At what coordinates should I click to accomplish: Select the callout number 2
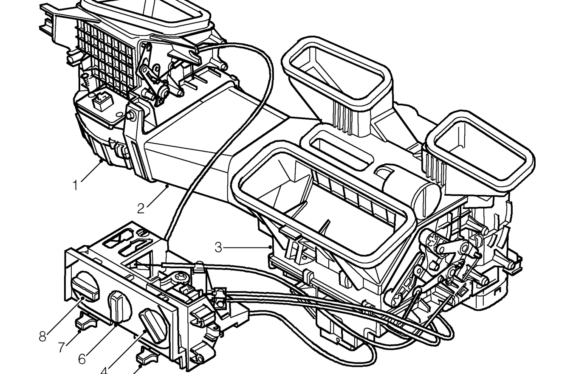(141, 208)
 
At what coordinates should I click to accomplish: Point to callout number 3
(218, 247)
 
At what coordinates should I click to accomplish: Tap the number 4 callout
(104, 370)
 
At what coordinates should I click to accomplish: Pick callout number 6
(82, 360)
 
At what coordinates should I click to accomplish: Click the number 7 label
(62, 347)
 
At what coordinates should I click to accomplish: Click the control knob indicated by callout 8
(84, 288)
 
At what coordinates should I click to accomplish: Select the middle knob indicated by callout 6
(119, 307)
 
